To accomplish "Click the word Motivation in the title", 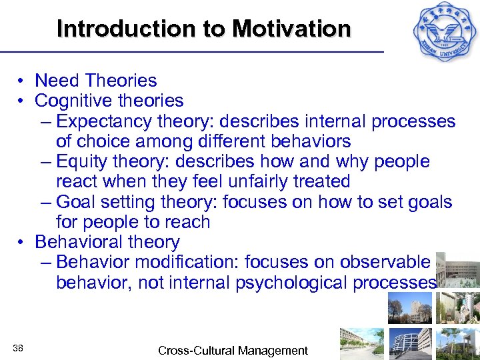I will tap(291, 29).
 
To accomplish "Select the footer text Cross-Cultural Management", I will tap(233, 351).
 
